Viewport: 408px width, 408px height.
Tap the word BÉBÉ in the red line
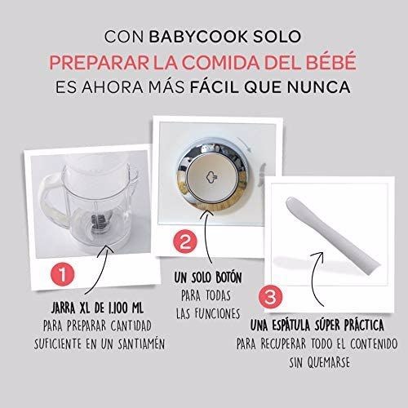tap(317, 62)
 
